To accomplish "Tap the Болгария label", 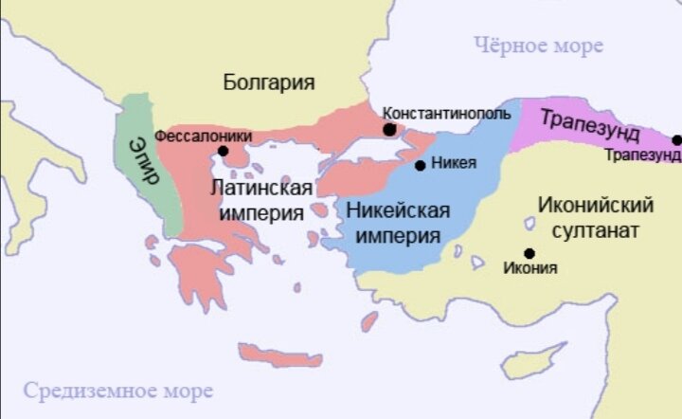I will tap(268, 82).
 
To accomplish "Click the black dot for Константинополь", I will tap(389, 129).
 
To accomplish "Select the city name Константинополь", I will tap(446, 112).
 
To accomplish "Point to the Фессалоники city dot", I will tap(223, 150).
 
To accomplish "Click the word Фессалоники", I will tap(203, 136).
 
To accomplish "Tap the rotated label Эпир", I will tap(142, 163).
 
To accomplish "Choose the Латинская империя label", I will tap(261, 201).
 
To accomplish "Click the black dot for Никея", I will tap(421, 165).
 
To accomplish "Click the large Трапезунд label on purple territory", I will tap(590, 124).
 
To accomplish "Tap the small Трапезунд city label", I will tap(642, 155).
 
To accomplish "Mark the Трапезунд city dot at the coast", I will tap(676, 140).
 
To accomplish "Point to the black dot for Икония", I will tap(529, 252).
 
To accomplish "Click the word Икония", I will tap(531, 268).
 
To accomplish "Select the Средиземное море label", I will tap(118, 390).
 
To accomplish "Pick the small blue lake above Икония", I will tap(529, 224).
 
